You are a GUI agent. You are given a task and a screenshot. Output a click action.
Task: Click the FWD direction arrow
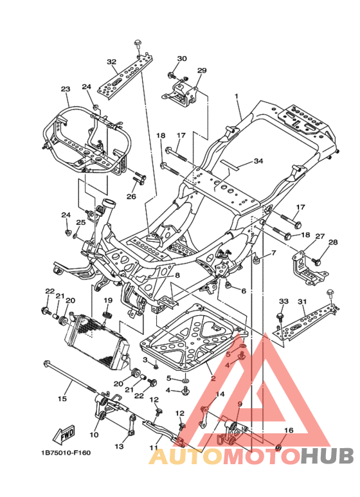tap(64, 435)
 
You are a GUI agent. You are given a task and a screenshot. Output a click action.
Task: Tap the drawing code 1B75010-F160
tap(66, 453)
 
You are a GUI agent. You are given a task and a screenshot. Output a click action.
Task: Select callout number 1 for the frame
tap(236, 96)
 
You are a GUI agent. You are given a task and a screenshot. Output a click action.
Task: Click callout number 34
tap(258, 161)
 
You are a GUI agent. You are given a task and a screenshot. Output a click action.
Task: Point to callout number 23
tap(66, 89)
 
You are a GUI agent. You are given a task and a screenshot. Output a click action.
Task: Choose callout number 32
tap(112, 62)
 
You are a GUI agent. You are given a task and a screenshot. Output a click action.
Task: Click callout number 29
tap(202, 70)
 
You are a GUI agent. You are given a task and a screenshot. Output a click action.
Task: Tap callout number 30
tap(182, 59)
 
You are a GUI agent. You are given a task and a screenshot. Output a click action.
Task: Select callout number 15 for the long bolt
tap(62, 399)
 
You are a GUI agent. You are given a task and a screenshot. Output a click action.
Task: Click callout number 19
tap(108, 300)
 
